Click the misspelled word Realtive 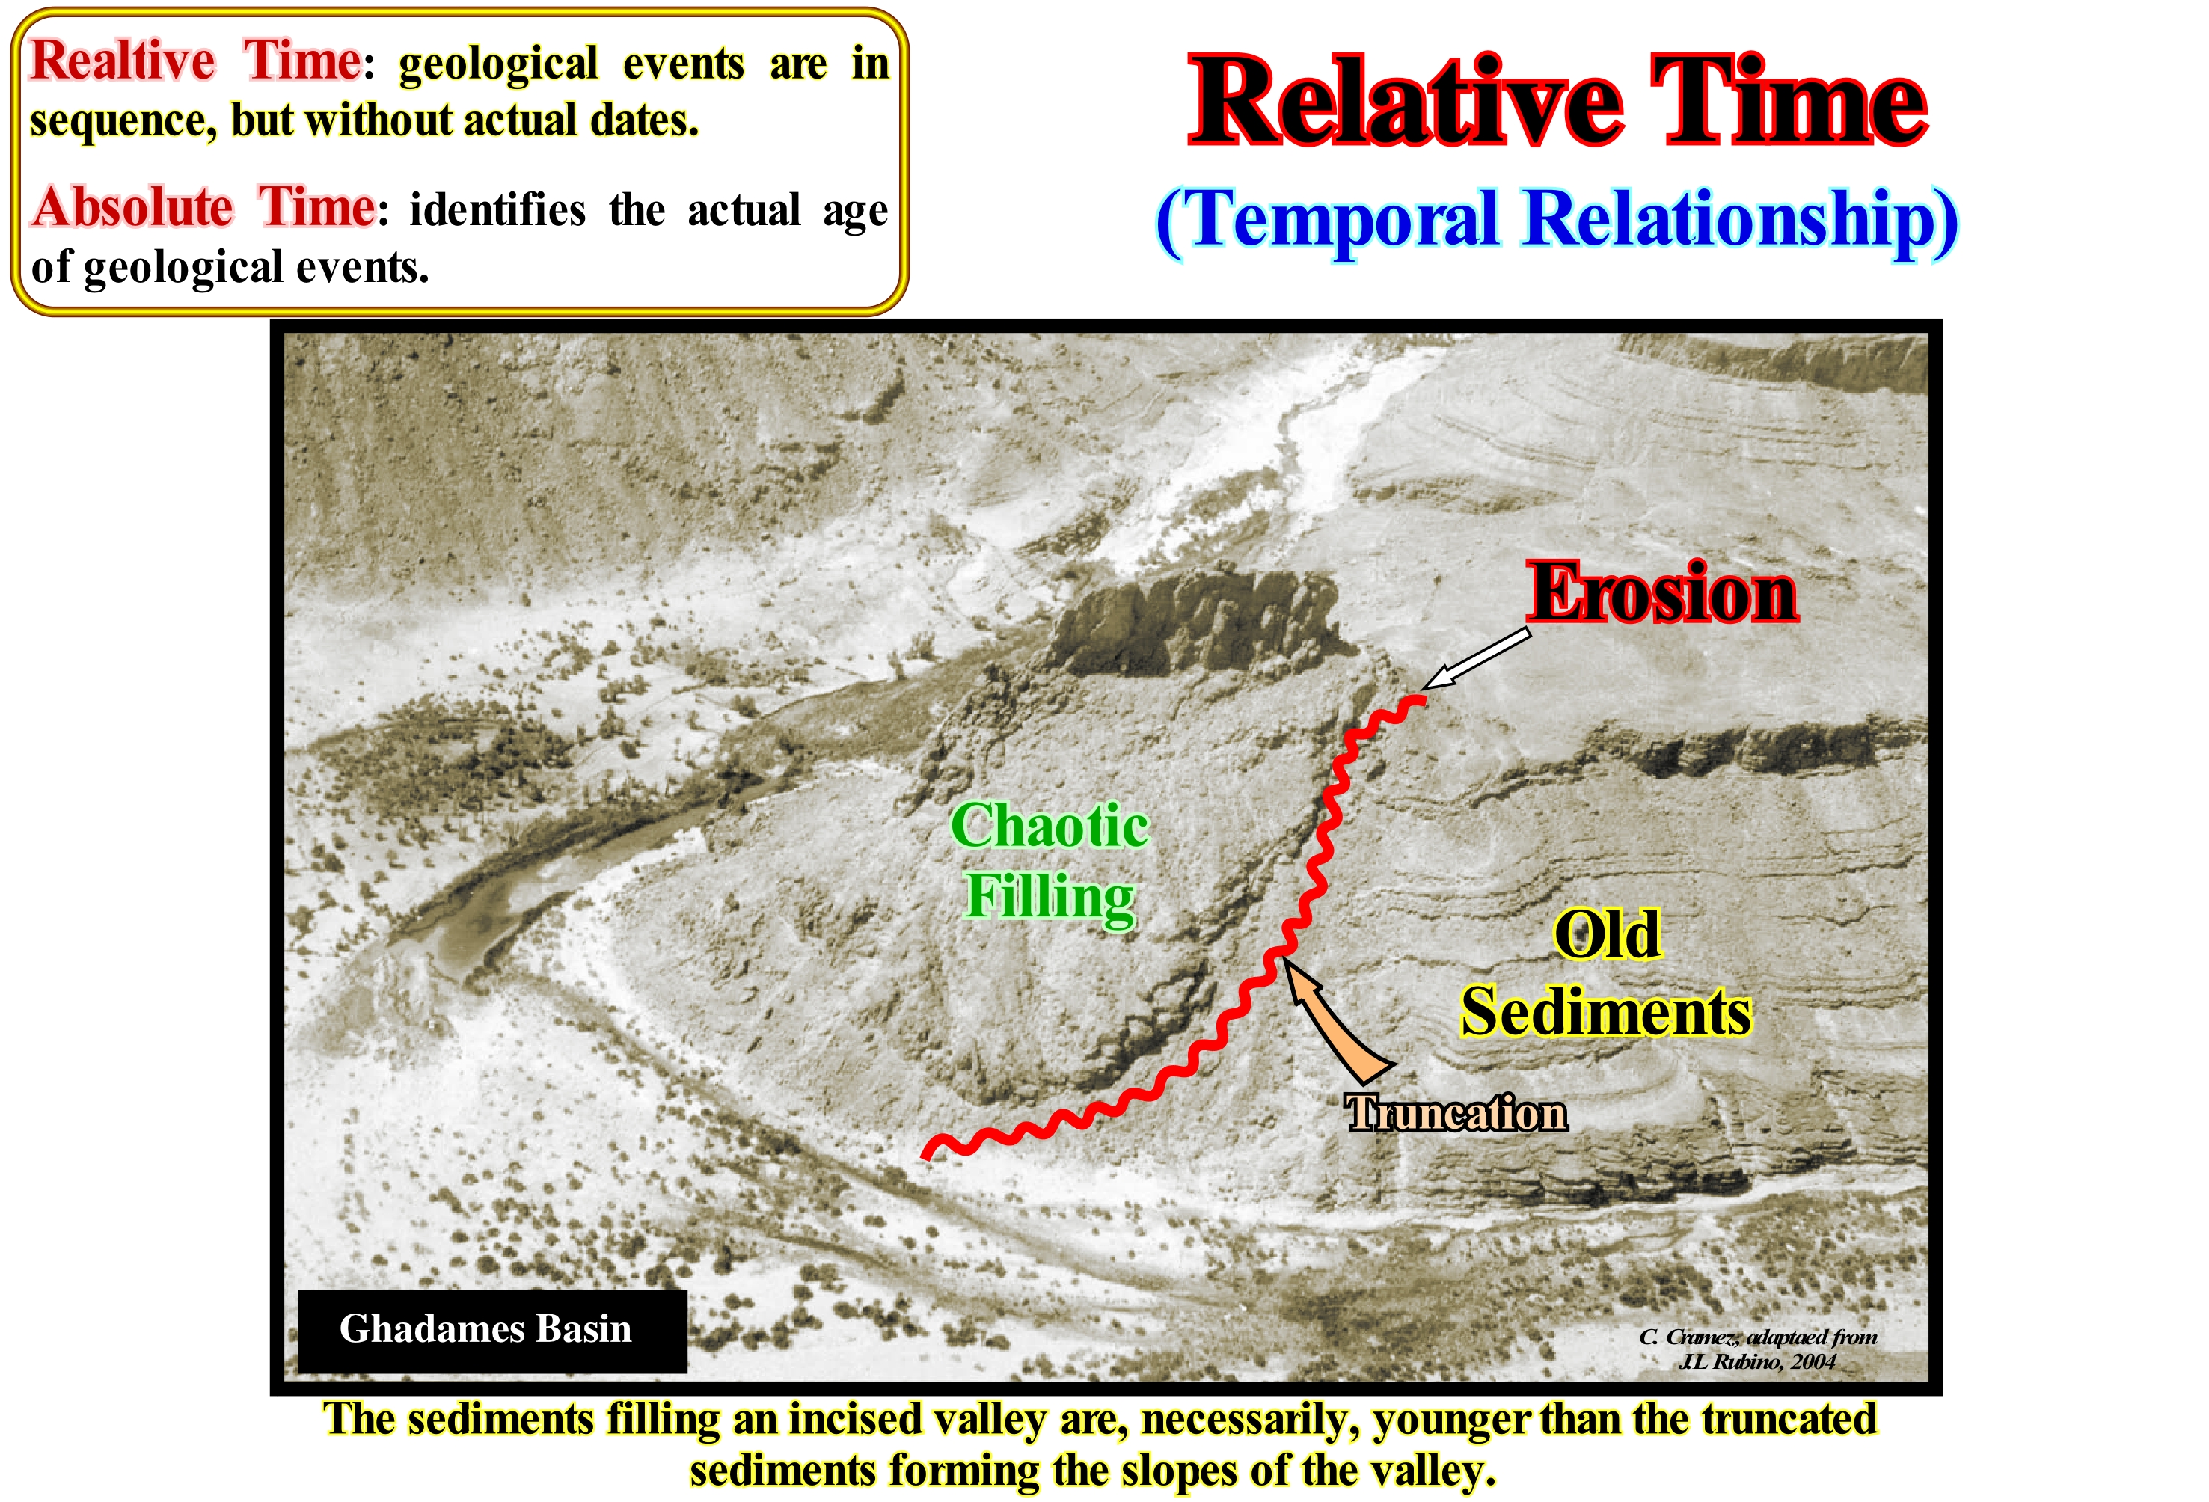pos(123,62)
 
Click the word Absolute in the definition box pos(132,207)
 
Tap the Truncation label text pos(1456,1112)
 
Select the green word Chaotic pos(1050,825)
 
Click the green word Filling pos(1050,896)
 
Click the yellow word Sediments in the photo pos(1606,1011)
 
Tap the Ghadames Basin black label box pos(492,1330)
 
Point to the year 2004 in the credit pos(1813,1361)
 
